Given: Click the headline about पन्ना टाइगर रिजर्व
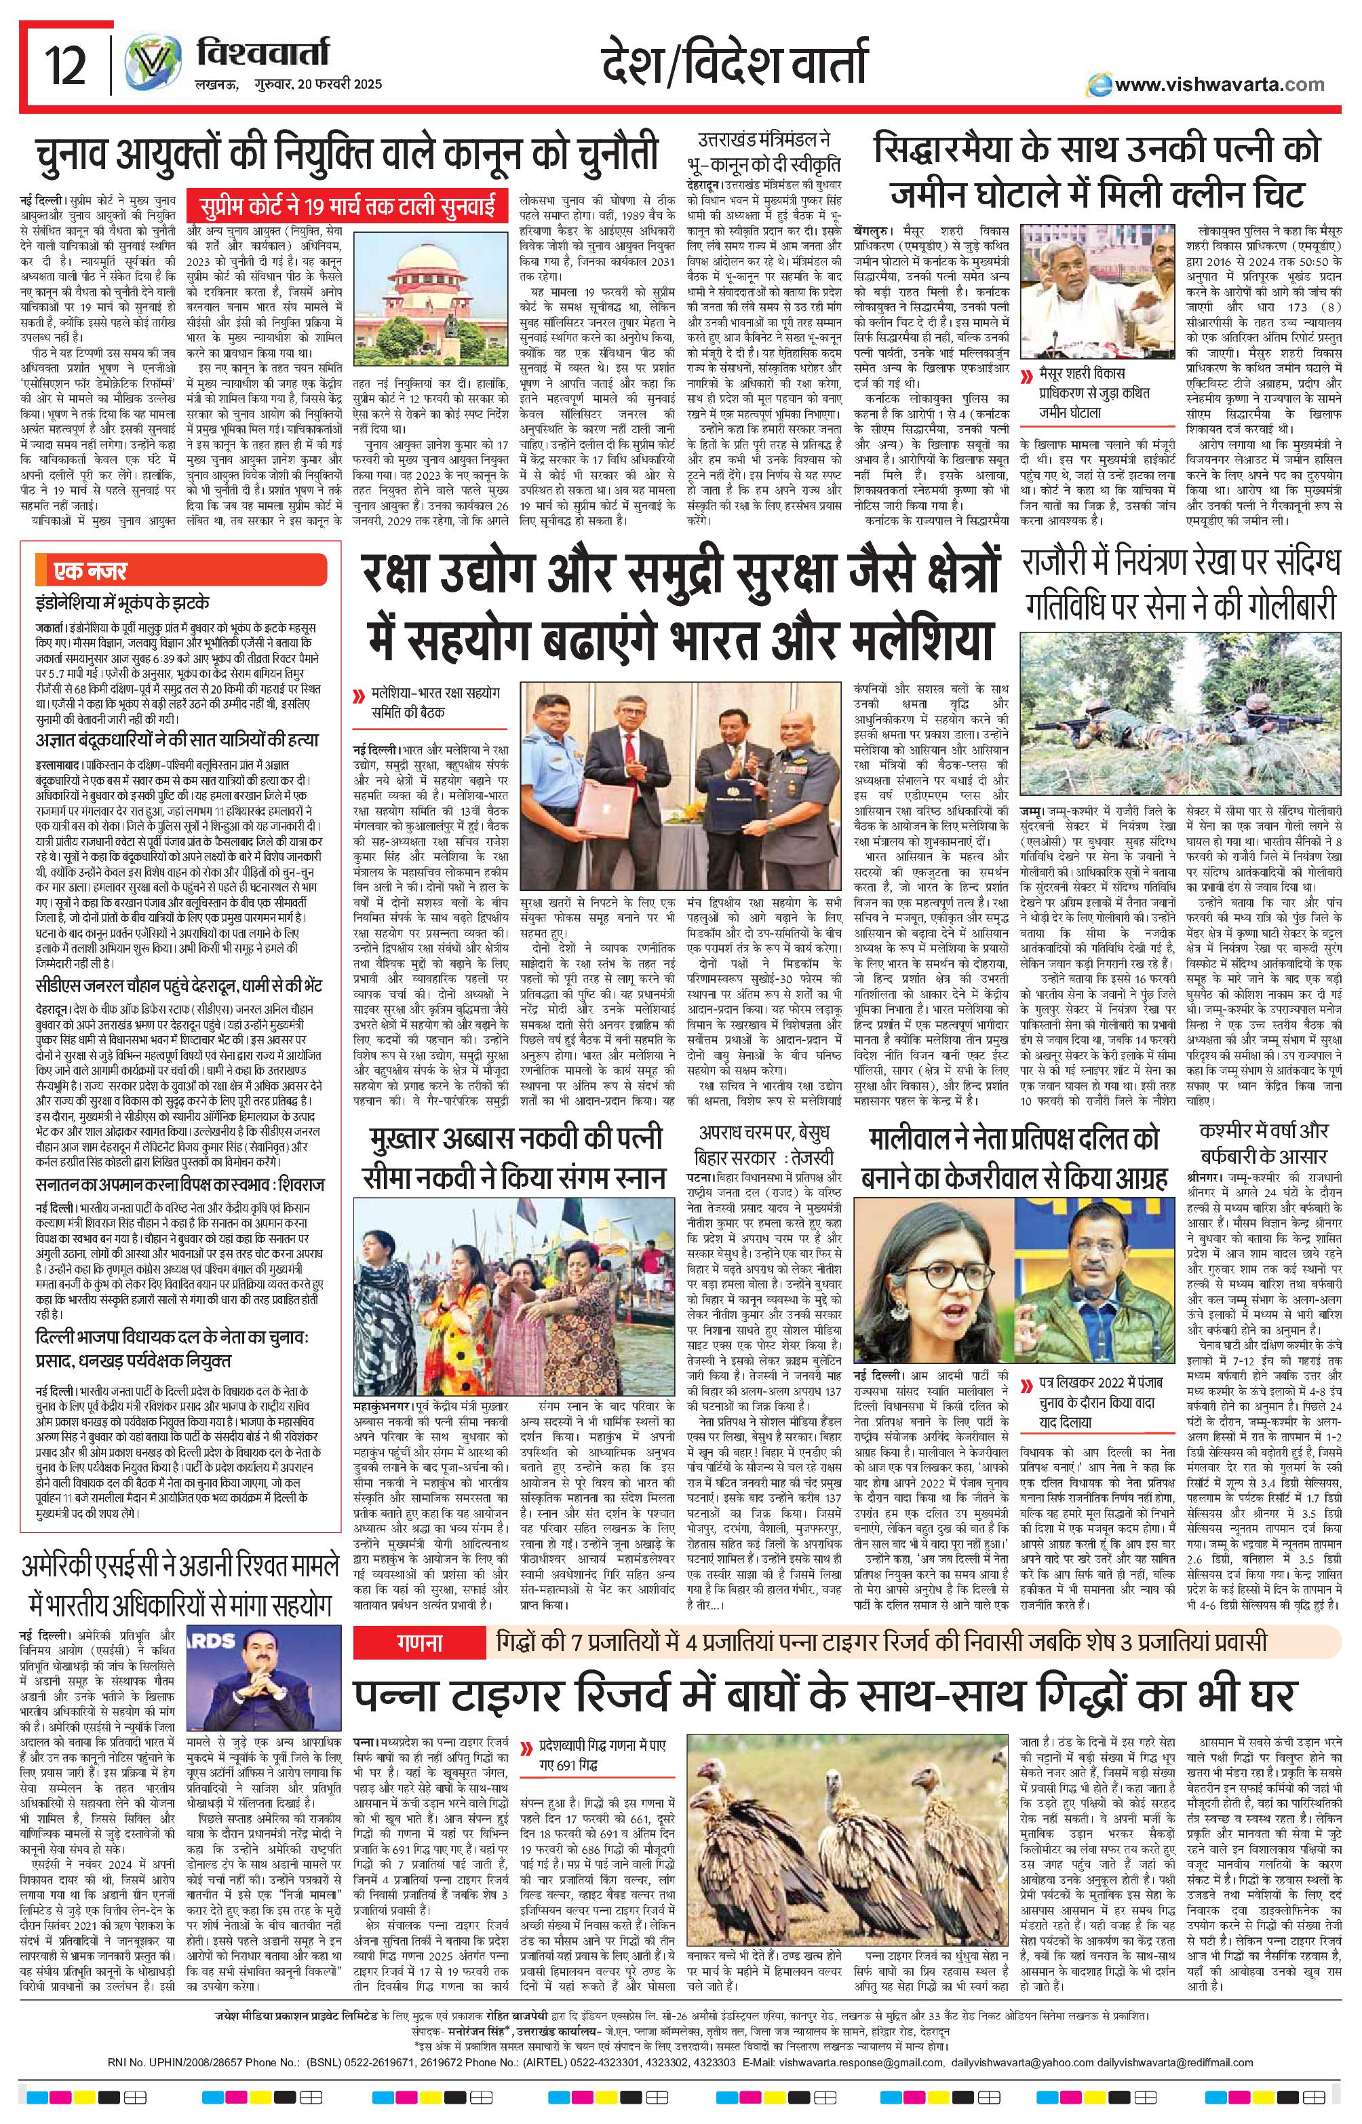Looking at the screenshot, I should click(823, 1692).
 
